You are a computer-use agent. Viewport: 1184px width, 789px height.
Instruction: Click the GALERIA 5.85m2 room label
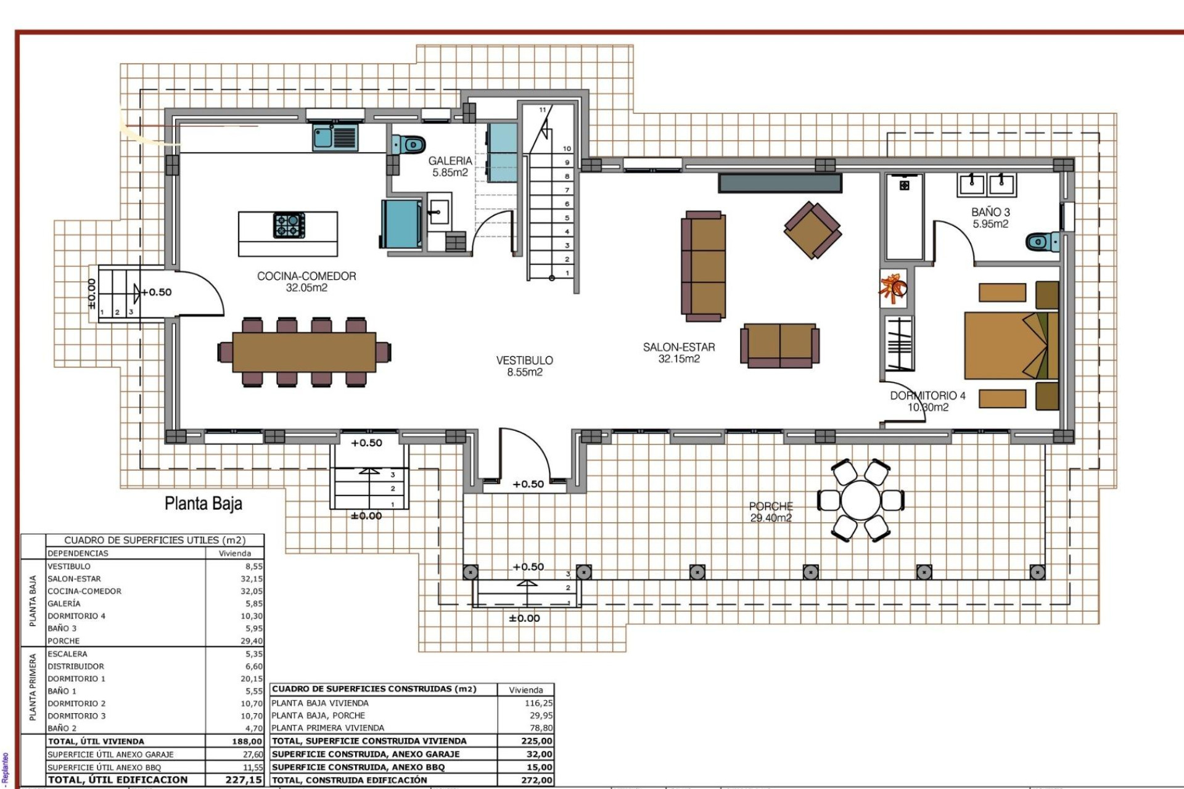coord(450,166)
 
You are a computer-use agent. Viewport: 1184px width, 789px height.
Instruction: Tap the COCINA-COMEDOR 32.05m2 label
coord(306,282)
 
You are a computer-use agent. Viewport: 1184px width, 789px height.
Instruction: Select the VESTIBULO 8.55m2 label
coord(525,366)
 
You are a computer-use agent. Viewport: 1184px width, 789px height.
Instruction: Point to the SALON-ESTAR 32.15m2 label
coord(679,353)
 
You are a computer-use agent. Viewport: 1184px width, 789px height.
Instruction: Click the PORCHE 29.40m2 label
coord(771,512)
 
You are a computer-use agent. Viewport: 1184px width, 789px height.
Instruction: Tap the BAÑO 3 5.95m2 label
coord(990,218)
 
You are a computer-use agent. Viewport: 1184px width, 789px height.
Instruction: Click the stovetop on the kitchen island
coord(289,225)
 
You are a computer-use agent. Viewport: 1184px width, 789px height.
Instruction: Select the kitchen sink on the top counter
coord(334,137)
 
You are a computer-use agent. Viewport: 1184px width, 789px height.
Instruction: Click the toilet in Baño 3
coord(1043,241)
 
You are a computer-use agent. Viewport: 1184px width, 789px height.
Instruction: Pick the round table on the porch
coord(861,500)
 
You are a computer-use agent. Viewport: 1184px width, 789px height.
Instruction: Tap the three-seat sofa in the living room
coord(703,266)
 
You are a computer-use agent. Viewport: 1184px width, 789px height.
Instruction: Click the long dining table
coord(304,352)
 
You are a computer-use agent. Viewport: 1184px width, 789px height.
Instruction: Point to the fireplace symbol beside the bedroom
coord(894,289)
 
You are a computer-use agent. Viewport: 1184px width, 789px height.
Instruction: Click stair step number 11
coord(543,110)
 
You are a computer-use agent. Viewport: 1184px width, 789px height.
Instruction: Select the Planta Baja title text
coord(203,504)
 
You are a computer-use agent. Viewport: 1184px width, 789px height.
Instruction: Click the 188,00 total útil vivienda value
coord(247,741)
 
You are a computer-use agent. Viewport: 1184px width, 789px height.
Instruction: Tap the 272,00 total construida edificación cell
coord(536,780)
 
